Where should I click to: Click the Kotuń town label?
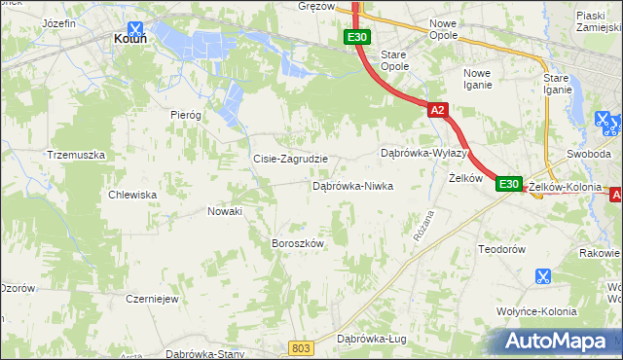(129, 39)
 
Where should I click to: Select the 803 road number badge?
(302, 346)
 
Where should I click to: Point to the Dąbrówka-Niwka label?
(351, 185)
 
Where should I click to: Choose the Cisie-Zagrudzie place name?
(290, 159)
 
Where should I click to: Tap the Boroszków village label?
(296, 243)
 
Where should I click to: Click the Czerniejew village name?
(151, 299)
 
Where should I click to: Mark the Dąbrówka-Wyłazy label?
(423, 154)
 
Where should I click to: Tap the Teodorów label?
(501, 249)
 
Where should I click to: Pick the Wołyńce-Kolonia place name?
(535, 311)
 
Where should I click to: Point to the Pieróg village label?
(185, 114)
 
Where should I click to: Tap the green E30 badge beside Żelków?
(508, 184)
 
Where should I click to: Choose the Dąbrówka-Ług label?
(371, 339)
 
